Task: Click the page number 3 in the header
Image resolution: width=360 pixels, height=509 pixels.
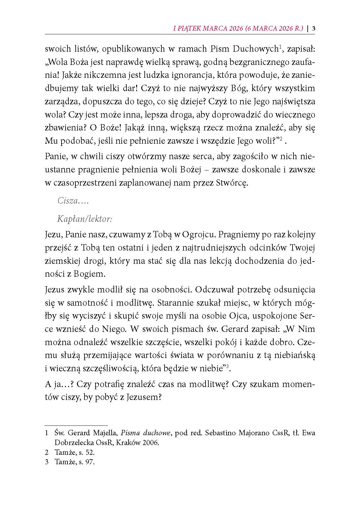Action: (314, 28)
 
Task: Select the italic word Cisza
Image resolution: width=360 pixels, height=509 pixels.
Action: (67, 200)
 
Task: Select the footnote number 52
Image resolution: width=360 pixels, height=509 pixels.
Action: (90, 453)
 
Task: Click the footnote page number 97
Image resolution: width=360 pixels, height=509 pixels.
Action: (90, 462)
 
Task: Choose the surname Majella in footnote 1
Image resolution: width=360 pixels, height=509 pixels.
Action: (106, 433)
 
